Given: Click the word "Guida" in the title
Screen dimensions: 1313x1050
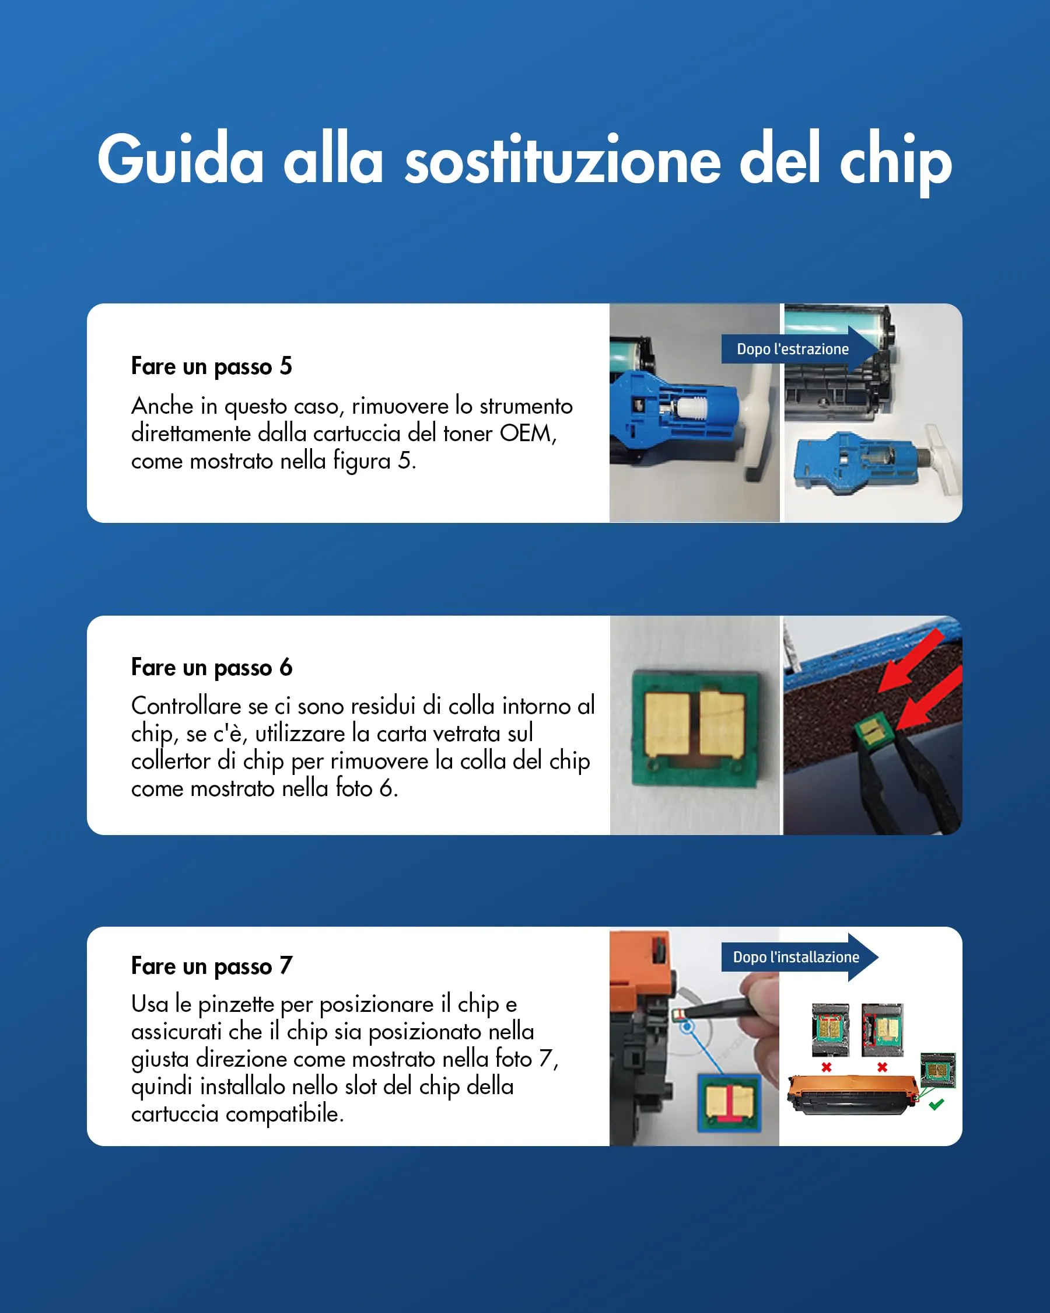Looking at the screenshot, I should click(x=180, y=159).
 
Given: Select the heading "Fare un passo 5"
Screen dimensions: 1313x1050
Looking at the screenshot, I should click(x=211, y=366).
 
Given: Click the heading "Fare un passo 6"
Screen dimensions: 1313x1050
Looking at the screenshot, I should click(x=211, y=668).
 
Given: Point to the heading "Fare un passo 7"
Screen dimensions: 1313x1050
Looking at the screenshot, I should click(x=211, y=966).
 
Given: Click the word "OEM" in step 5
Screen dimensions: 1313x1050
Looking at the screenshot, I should click(x=527, y=434).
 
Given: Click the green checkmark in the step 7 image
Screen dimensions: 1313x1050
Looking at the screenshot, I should click(x=936, y=1104).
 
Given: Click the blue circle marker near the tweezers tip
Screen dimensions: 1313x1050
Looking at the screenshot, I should click(x=687, y=1027).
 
